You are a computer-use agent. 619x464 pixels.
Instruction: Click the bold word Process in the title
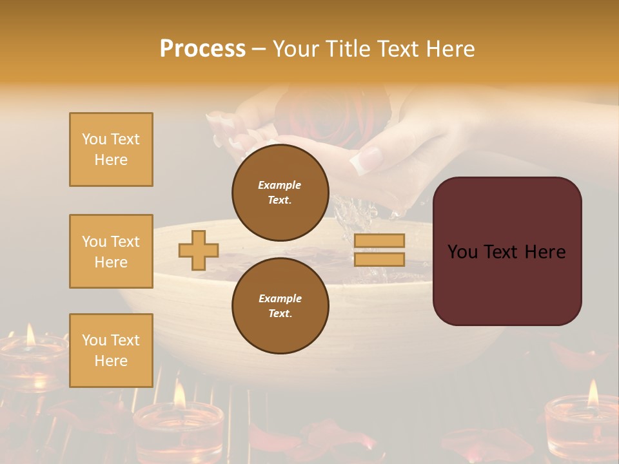pos(202,49)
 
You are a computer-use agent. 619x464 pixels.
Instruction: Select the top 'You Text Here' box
pos(111,150)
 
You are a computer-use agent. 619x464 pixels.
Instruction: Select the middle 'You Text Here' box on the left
pos(111,251)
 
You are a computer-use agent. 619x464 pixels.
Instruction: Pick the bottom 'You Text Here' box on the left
pos(111,350)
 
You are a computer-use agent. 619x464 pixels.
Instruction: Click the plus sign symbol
pos(199,250)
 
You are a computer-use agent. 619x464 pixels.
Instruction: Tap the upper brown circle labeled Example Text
pos(280,192)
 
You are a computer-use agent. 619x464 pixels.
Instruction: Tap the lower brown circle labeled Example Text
pos(280,305)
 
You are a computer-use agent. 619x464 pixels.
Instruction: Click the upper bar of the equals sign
pos(379,240)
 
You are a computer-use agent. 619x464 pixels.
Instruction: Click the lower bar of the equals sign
pos(379,259)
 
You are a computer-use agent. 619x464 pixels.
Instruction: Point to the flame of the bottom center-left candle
pos(180,394)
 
